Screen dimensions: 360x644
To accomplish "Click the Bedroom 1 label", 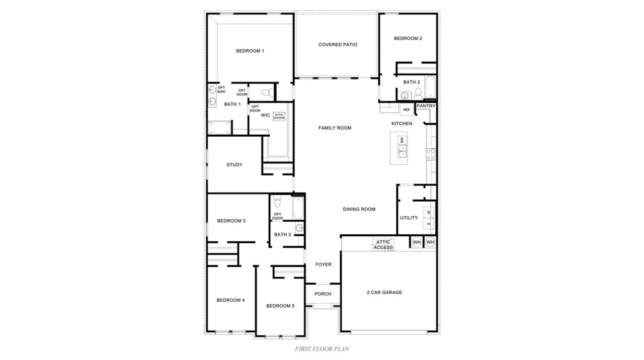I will click(250, 51).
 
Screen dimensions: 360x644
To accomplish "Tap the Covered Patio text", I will click(338, 45).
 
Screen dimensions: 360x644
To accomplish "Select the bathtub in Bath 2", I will click(431, 87).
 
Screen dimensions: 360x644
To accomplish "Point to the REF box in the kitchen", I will click(407, 110).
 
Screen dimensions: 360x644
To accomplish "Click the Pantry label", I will click(426, 106).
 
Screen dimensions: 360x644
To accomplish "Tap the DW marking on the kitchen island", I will click(402, 140).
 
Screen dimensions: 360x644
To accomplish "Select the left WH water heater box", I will click(417, 242).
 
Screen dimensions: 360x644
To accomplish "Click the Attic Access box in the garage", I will click(383, 244).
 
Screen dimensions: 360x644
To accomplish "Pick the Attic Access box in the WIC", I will click(279, 116).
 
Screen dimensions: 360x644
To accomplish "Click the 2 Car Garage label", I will click(384, 292).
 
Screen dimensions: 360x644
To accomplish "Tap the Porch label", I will click(323, 294).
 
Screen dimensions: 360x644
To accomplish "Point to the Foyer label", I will click(323, 264).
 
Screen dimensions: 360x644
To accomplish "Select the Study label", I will click(234, 165).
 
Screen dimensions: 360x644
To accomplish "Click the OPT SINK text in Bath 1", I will click(221, 89).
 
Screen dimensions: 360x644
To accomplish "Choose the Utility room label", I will click(409, 218).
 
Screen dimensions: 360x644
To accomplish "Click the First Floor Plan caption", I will click(322, 348).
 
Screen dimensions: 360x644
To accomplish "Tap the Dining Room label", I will click(359, 209).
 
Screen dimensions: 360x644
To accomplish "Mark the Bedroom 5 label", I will click(280, 306).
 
